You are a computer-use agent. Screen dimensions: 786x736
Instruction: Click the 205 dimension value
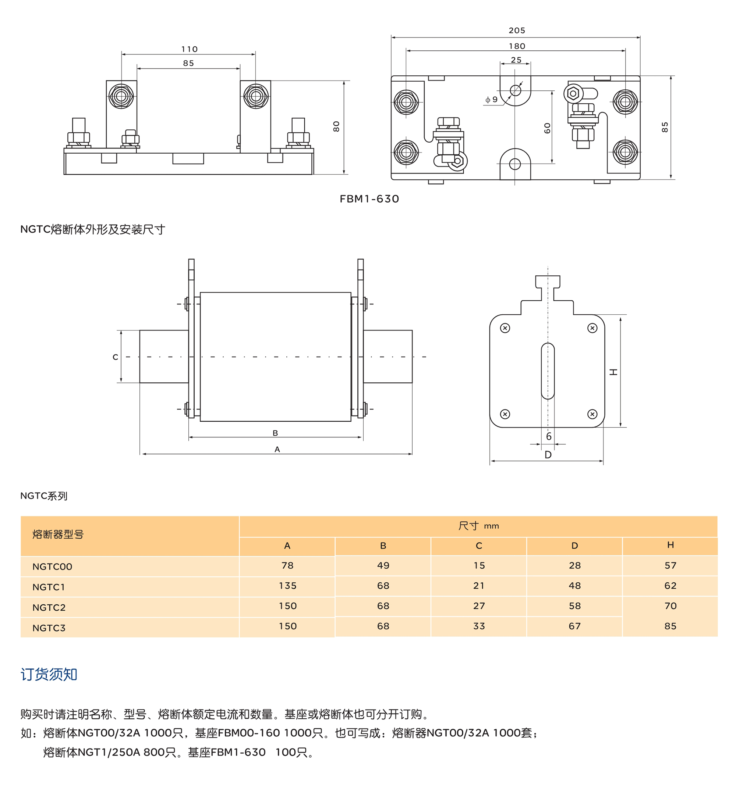[x=517, y=31]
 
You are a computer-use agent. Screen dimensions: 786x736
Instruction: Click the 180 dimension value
[x=517, y=46]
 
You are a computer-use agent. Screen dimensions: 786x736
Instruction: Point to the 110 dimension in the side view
[x=189, y=49]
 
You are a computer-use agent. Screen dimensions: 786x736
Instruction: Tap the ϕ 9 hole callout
[x=491, y=100]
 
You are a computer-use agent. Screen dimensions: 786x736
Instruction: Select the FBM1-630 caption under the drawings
[x=369, y=199]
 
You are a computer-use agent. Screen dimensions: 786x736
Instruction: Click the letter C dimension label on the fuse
[x=115, y=357]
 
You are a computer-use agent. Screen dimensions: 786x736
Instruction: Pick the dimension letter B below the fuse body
[x=275, y=433]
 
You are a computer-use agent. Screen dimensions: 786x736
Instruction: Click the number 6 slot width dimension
[x=548, y=436]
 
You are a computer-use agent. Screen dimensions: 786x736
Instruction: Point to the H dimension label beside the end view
[x=613, y=372]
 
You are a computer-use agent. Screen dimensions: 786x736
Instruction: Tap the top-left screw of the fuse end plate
[x=505, y=328]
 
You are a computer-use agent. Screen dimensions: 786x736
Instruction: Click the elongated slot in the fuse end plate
[x=548, y=371]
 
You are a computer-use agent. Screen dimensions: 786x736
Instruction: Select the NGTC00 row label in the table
[x=52, y=567]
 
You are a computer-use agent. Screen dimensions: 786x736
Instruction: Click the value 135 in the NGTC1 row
[x=287, y=586]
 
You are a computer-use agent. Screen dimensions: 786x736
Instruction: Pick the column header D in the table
[x=574, y=546]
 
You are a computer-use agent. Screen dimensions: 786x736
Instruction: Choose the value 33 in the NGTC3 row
[x=479, y=626]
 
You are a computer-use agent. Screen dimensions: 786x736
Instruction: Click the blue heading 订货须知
[x=49, y=674]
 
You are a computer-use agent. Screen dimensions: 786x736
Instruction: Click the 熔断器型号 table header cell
[x=58, y=535]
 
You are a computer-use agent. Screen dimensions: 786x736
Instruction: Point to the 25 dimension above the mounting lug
[x=516, y=60]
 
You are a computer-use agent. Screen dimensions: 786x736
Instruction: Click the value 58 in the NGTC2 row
[x=574, y=606]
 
